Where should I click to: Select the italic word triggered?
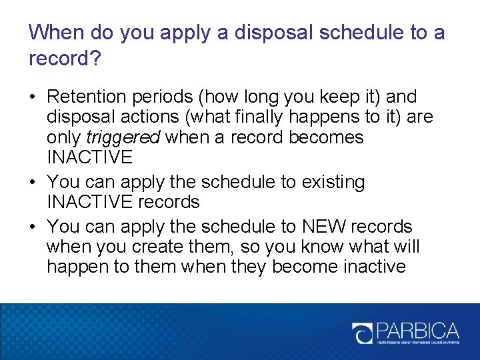click(x=123, y=137)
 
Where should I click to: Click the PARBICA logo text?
click(x=417, y=331)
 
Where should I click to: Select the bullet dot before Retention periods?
click(x=33, y=97)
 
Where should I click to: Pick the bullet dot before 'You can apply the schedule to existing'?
click(x=33, y=183)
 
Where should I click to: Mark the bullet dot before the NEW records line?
click(x=33, y=227)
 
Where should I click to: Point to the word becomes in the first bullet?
click(x=327, y=137)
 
